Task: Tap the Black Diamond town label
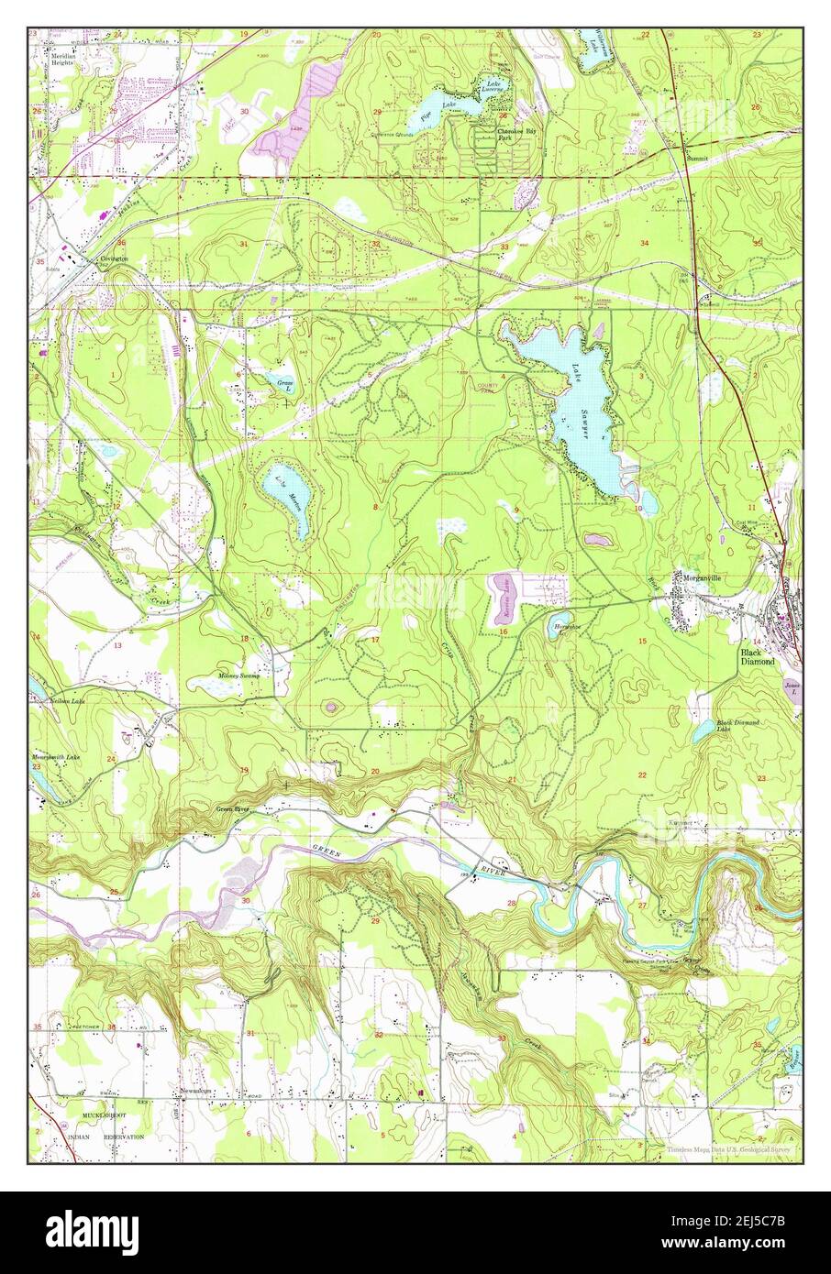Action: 759,655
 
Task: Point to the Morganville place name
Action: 702,577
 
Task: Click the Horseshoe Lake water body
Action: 564,619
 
